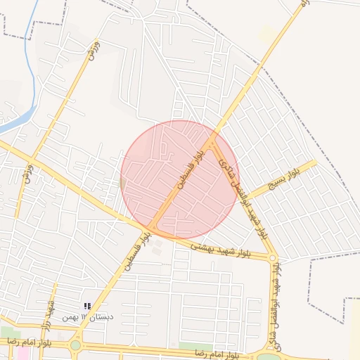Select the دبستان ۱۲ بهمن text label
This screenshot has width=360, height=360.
[x=87, y=317]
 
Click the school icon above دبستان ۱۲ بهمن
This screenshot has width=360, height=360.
[x=87, y=306]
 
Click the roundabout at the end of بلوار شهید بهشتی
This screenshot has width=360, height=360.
[x=273, y=258]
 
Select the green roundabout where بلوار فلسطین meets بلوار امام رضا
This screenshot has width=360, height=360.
[x=75, y=345]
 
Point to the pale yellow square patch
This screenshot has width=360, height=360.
[x=266, y=33]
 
